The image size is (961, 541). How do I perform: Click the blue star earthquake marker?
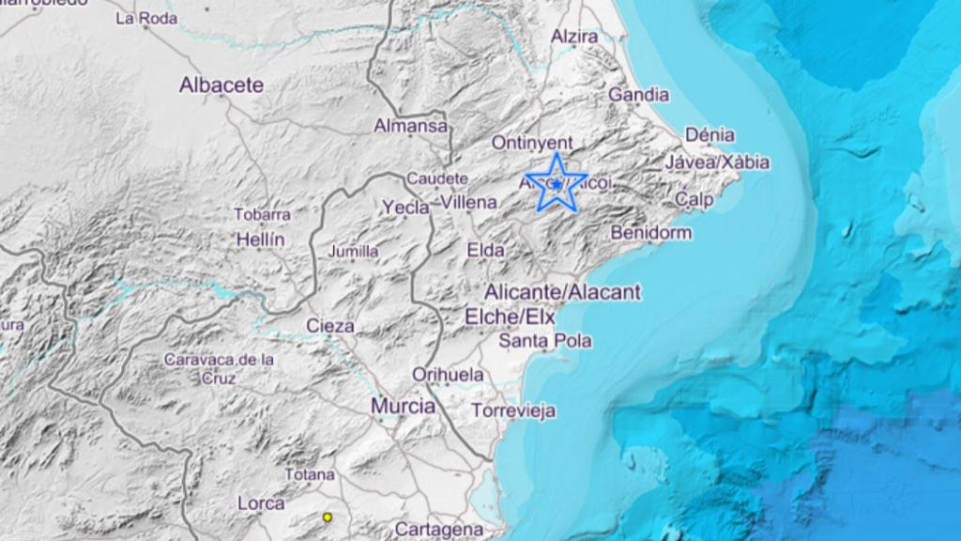coord(557,184)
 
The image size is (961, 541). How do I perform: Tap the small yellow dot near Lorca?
coord(328,517)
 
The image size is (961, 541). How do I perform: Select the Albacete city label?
coord(221,85)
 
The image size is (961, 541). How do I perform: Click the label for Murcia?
coord(404,407)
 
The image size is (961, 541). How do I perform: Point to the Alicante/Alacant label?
coord(563,292)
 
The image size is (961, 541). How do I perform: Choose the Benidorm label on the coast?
coord(650,232)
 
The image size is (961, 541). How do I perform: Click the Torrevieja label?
coord(513,411)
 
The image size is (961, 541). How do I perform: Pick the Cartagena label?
coord(439,530)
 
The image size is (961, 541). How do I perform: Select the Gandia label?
coord(638,95)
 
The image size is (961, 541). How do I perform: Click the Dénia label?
coord(709,135)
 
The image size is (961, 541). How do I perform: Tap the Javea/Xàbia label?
coord(717,162)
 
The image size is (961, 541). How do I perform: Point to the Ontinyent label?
coord(532,143)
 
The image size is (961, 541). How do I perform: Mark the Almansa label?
coord(411,125)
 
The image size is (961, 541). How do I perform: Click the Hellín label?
coord(260,240)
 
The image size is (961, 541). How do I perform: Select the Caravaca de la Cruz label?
coord(219,368)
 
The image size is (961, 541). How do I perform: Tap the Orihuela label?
coord(449,374)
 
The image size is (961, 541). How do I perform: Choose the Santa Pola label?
coord(545,341)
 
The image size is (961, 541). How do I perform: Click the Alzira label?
coord(574,37)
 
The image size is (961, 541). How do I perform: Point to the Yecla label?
coord(406,208)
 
